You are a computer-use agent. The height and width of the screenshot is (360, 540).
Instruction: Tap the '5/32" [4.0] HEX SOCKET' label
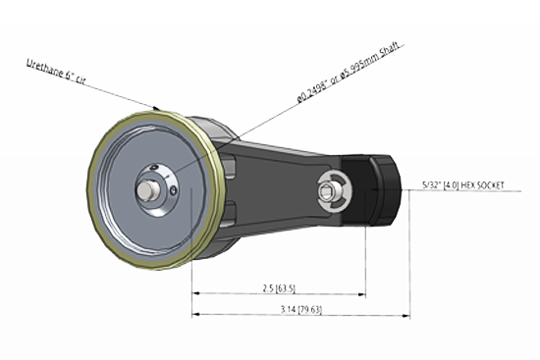(x=469, y=183)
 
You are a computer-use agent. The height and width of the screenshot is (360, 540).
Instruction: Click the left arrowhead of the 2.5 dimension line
(x=195, y=292)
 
